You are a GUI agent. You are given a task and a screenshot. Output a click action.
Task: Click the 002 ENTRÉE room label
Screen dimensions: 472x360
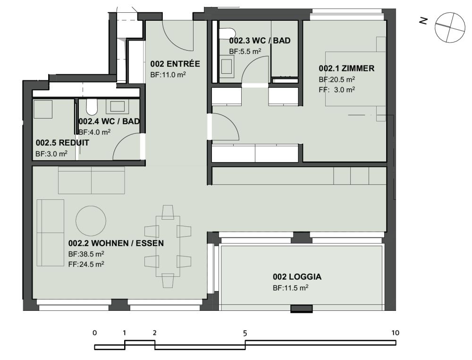click(x=175, y=64)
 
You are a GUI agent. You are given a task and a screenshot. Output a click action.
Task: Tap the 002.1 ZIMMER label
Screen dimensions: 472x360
click(x=346, y=69)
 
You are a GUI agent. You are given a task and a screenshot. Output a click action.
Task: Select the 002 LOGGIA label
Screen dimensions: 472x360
click(x=297, y=276)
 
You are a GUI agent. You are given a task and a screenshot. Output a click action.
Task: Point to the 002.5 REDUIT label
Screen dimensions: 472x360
click(x=62, y=143)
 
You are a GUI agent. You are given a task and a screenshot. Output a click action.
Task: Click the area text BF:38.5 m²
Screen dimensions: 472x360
click(x=86, y=254)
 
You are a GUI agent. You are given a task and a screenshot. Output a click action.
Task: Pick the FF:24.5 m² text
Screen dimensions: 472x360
click(x=86, y=264)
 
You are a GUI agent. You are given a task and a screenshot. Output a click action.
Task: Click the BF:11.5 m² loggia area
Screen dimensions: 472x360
click(x=290, y=288)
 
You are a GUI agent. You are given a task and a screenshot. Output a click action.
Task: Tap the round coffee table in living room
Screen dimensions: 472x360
click(x=91, y=221)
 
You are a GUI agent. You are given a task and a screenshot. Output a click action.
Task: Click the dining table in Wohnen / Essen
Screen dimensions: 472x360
click(x=168, y=247)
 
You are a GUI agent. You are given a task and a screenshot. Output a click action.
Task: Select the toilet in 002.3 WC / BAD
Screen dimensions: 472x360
click(x=227, y=34)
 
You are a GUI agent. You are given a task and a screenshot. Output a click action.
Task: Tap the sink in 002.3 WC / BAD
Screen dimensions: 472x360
click(x=227, y=67)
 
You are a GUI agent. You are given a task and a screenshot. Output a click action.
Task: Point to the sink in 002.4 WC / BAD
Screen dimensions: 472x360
click(x=118, y=107)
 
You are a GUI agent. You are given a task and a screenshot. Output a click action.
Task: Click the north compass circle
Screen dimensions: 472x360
click(x=450, y=27)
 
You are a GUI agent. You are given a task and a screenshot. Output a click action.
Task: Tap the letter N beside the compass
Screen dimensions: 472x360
click(x=423, y=21)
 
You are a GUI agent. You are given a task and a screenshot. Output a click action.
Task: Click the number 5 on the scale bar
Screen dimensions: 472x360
click(x=245, y=333)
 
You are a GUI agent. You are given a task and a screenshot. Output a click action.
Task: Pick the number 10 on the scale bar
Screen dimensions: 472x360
click(x=395, y=333)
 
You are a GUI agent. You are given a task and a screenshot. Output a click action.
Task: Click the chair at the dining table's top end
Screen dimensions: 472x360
click(x=168, y=212)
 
